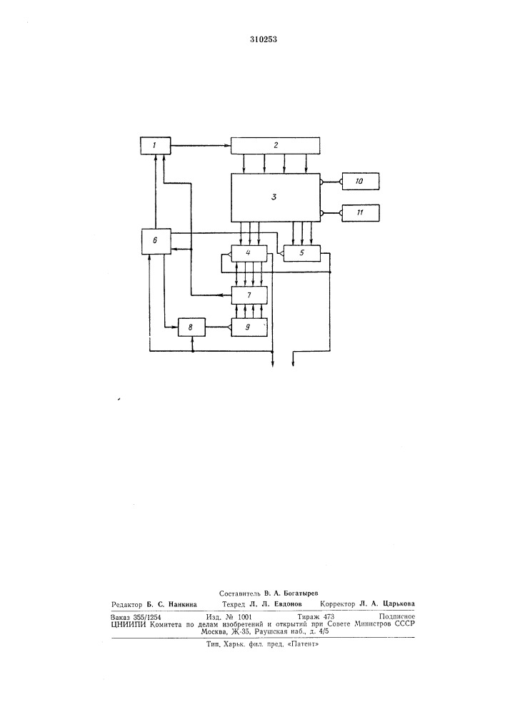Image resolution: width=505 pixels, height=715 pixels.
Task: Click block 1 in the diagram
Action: point(155,146)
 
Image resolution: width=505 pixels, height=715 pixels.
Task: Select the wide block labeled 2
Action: point(276,146)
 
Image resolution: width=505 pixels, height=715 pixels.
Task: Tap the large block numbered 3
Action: point(276,197)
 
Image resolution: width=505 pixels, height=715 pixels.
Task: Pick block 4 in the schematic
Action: point(249,253)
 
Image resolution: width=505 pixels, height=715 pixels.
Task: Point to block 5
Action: point(301,253)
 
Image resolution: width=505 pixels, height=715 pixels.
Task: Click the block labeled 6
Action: point(155,241)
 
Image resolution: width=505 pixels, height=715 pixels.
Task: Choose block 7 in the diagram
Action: point(249,295)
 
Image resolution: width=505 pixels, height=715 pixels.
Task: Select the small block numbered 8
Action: point(191,327)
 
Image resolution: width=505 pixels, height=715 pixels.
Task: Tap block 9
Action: point(249,327)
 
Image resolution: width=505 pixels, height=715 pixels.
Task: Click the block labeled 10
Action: point(360,182)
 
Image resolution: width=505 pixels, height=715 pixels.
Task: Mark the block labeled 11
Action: point(360,213)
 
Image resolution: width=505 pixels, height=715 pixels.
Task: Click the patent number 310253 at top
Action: point(263,39)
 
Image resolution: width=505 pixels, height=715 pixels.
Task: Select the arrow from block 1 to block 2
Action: point(201,145)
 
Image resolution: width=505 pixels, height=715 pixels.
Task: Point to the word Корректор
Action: point(337,604)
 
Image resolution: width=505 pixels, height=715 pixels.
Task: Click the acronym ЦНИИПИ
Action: point(129,624)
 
